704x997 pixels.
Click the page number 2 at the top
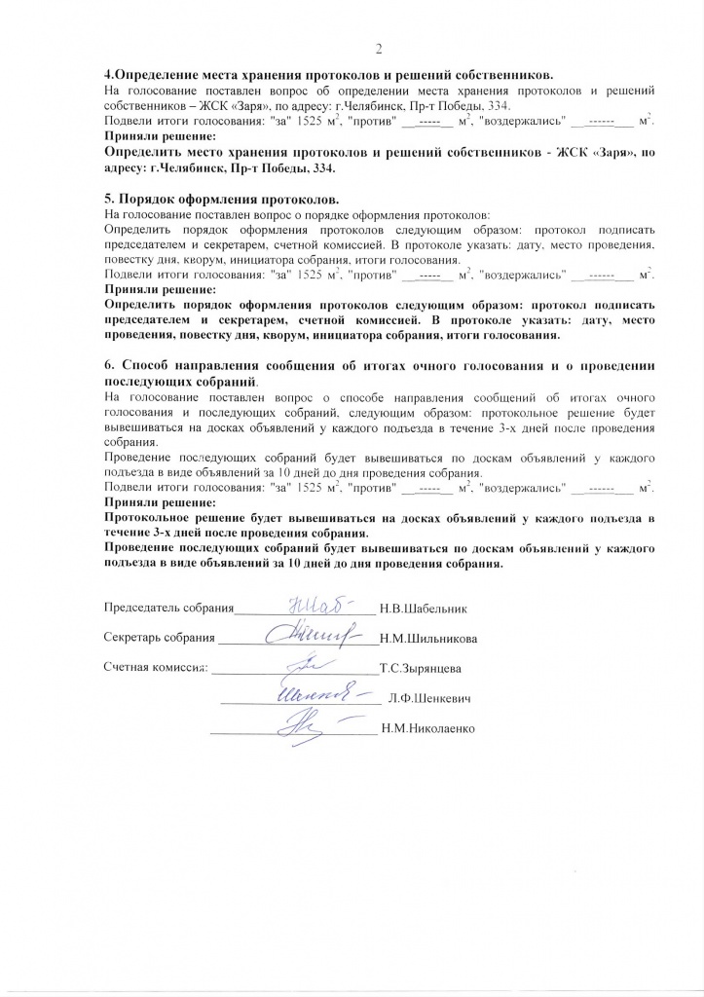click(379, 50)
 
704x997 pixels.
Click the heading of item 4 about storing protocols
click(329, 74)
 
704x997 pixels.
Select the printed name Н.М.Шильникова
click(428, 639)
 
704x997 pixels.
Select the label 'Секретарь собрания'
click(159, 639)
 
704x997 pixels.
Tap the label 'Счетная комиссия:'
click(156, 669)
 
